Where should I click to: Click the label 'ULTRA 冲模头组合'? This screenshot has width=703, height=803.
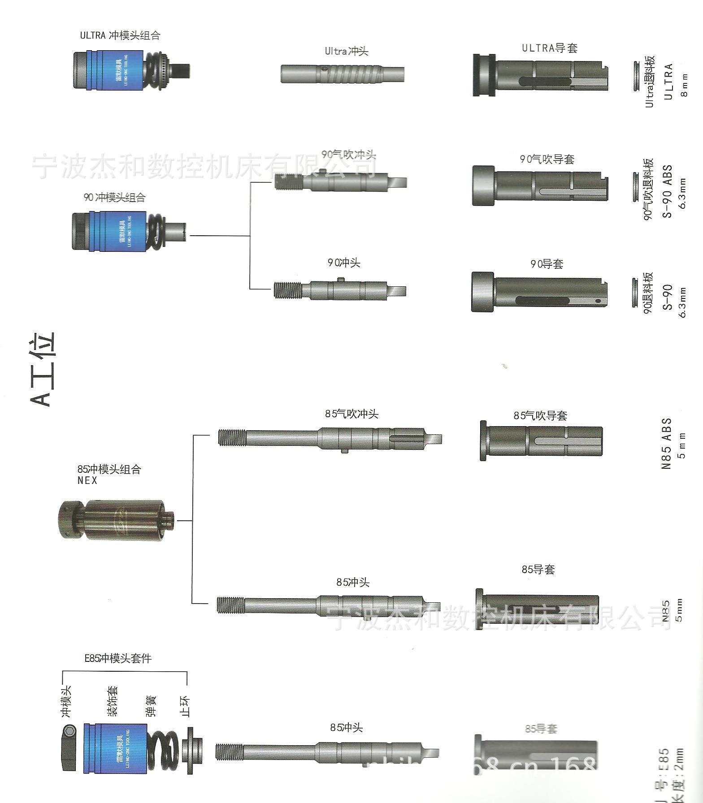[x=120, y=35]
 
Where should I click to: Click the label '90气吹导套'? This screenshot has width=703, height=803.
[x=547, y=159]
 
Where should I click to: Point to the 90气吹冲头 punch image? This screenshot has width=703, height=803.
[x=341, y=182]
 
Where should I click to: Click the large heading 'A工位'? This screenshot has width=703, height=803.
[x=43, y=369]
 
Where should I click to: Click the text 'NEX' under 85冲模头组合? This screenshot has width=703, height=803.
[x=87, y=480]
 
